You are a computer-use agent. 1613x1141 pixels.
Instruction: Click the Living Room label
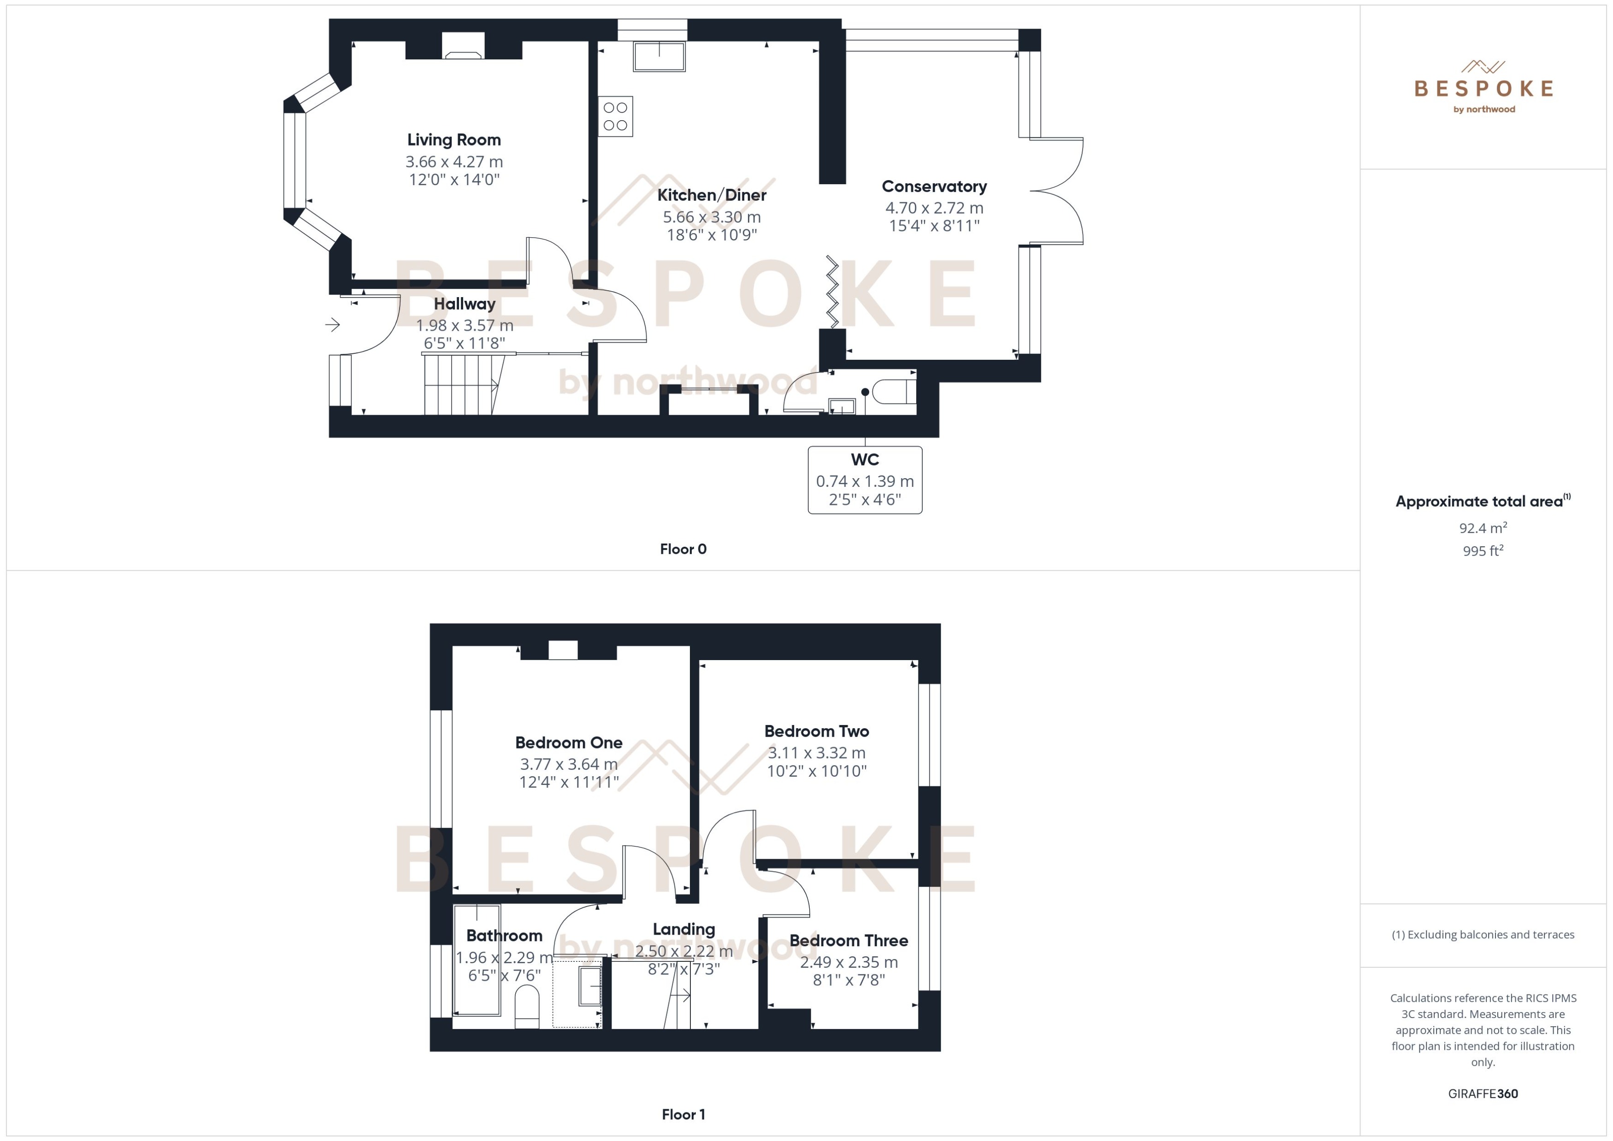tap(454, 140)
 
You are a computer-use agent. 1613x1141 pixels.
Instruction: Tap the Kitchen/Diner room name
tap(711, 195)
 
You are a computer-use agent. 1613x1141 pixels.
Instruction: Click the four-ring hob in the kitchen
tap(615, 117)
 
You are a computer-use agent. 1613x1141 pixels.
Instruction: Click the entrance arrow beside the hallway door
tap(332, 325)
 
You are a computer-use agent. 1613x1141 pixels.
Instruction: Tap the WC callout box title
tap(865, 460)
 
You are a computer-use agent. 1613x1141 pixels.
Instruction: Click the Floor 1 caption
tap(683, 1114)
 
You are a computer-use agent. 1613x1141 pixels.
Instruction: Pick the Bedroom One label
tap(569, 743)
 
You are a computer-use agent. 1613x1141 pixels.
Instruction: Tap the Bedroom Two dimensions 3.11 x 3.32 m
tap(817, 753)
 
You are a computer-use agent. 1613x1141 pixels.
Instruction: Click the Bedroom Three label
tap(848, 941)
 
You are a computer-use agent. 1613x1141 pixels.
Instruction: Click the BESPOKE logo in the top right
tap(1483, 88)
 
